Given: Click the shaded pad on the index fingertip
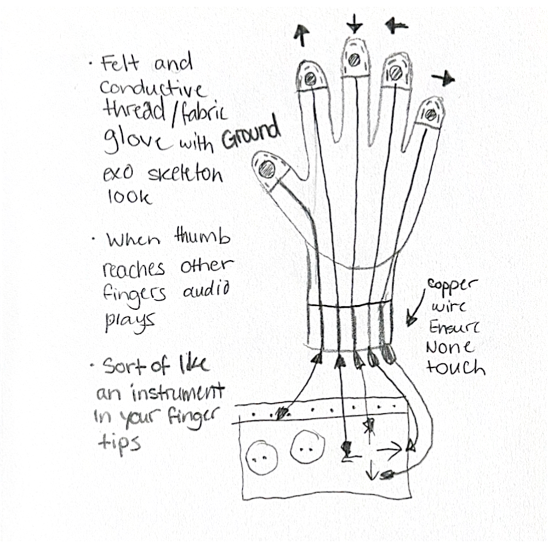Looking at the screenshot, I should click(309, 77).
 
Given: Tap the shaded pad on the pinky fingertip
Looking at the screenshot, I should click(431, 114).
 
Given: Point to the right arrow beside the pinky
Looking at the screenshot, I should click(443, 79).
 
